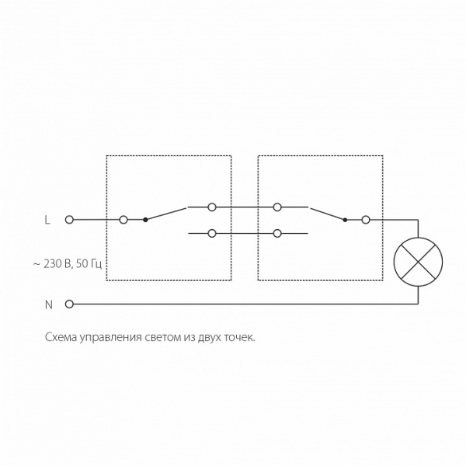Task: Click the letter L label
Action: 47,220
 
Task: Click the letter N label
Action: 48,304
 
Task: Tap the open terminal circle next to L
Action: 69,220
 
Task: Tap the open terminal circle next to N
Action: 69,304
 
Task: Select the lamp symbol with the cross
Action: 418,262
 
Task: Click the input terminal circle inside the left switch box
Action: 123,220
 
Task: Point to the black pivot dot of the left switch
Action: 145,220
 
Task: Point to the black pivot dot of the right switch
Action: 345,221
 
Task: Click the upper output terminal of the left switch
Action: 212,207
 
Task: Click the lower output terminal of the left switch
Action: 212,234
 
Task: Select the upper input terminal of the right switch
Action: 277,207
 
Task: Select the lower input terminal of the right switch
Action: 277,234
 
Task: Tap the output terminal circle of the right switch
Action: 366,221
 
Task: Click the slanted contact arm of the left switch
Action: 166,214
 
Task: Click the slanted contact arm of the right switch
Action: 328,214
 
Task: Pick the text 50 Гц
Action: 89,264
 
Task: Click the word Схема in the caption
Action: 61,338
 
